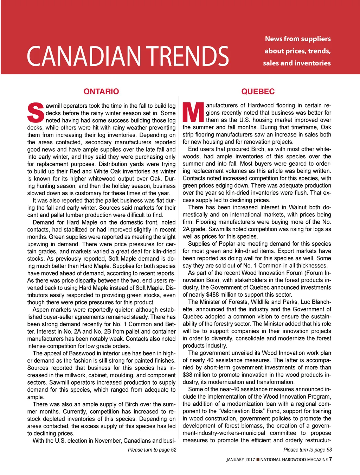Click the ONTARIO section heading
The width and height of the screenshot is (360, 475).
tap(101, 92)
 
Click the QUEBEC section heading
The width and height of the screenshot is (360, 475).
tap(258, 92)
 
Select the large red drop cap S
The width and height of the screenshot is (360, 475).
tap(36, 113)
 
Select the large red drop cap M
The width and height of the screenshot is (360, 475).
tap(193, 112)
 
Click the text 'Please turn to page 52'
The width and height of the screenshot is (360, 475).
tap(152, 450)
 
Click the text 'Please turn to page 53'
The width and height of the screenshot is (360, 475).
tap(308, 450)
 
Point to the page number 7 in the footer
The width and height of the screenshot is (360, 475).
tap(330, 459)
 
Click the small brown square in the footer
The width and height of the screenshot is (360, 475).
tap(258, 460)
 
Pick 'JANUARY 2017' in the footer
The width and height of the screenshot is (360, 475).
tap(240, 460)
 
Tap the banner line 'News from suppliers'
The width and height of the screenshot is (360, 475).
tap(298, 39)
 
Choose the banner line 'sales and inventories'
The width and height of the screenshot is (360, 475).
tap(297, 63)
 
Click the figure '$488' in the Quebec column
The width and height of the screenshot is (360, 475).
tap(213, 295)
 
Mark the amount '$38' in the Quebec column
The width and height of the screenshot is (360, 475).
tap(189, 375)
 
